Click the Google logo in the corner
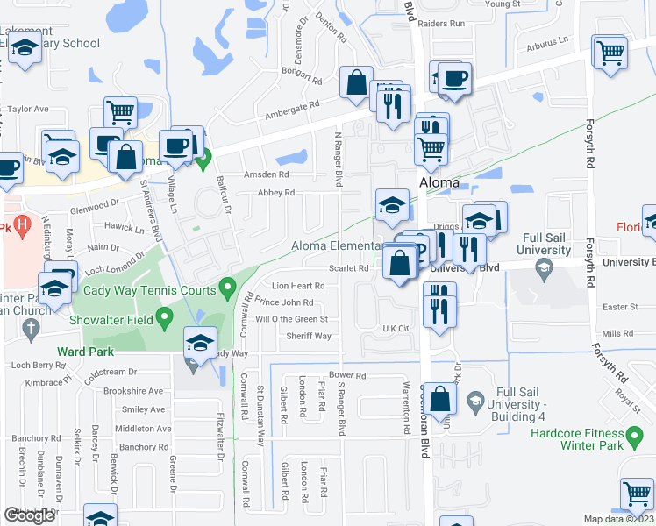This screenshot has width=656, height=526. coord(29,515)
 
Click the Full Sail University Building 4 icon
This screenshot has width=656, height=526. coord(474,400)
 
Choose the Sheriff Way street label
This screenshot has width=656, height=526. coord(310,336)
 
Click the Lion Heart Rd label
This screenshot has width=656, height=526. coord(298,286)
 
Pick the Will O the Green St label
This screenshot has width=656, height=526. coord(291,319)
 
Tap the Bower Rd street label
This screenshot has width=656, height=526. coord(347,375)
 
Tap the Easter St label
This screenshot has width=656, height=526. coord(620,307)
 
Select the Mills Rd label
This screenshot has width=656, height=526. coord(617,333)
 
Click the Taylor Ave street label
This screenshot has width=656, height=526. coord(29,110)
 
